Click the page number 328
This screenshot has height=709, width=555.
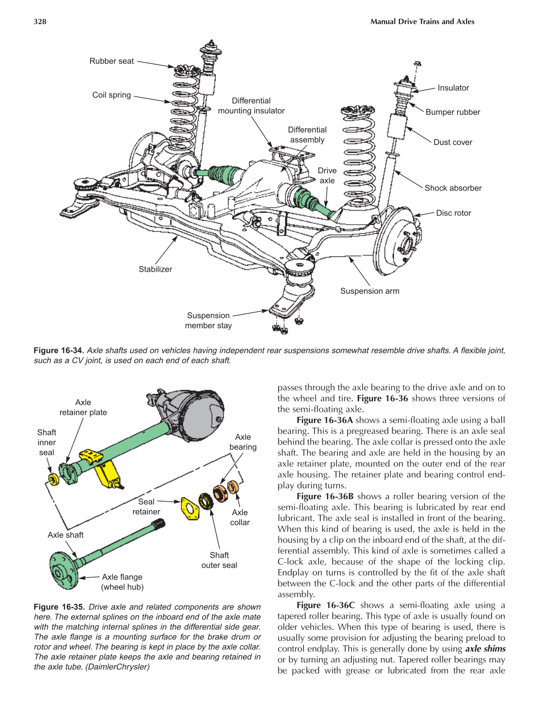(x=40, y=22)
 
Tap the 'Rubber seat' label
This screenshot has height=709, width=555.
(x=111, y=61)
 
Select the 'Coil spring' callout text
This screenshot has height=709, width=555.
(x=111, y=95)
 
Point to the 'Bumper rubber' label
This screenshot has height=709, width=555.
(x=452, y=112)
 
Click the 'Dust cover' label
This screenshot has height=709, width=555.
(x=452, y=142)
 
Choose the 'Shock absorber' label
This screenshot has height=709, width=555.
(x=453, y=188)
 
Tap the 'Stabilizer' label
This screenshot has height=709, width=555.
(x=155, y=269)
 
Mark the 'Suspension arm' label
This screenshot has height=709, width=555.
(x=369, y=291)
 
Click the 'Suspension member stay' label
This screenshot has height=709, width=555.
(x=208, y=320)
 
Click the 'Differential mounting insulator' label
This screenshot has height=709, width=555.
(x=251, y=106)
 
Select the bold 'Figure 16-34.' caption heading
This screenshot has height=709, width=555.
(x=59, y=350)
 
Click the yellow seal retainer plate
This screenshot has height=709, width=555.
(x=190, y=508)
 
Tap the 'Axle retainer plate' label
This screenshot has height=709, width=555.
(x=83, y=407)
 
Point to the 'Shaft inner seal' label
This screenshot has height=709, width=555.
(x=47, y=442)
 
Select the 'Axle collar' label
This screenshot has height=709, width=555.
(x=240, y=517)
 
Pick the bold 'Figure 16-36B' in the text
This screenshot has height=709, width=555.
(x=325, y=496)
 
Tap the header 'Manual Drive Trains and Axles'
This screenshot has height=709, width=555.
(x=422, y=22)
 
